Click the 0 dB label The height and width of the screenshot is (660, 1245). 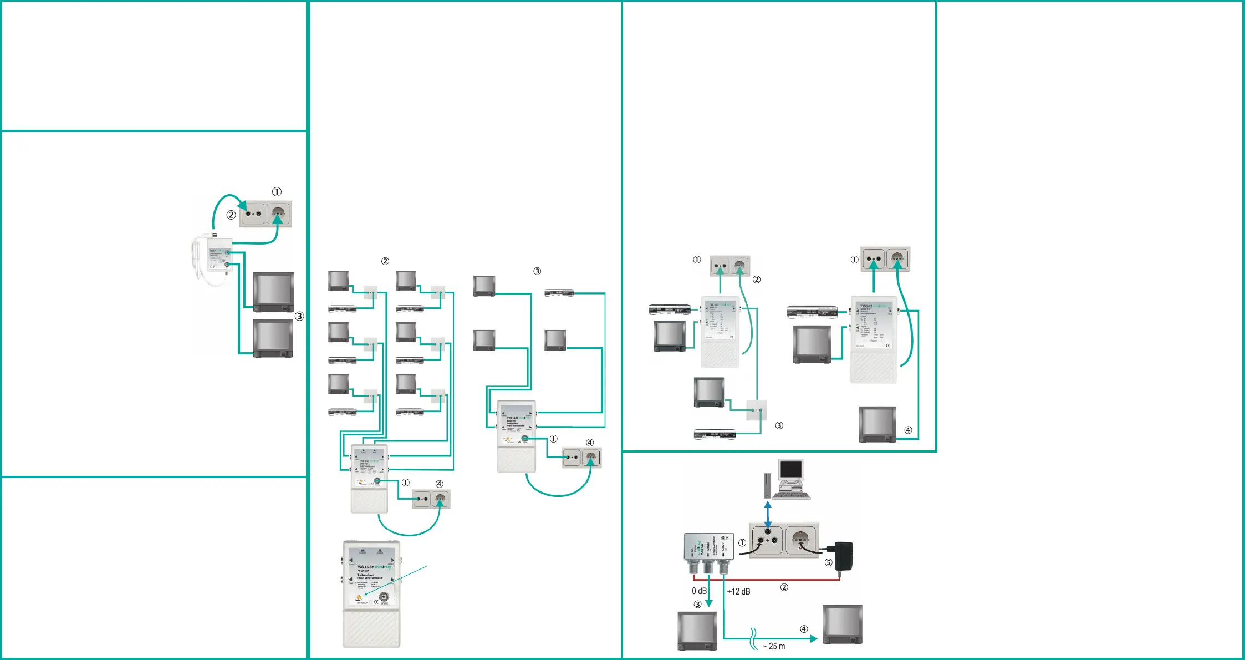[699, 591]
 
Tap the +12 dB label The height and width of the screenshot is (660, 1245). [738, 592]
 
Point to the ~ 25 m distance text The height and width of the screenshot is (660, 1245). [774, 646]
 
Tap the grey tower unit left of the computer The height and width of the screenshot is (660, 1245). [767, 486]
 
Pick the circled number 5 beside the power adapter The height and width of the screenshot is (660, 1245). [828, 562]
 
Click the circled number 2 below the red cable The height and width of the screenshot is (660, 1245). [784, 587]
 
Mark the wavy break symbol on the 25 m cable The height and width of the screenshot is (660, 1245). [753, 638]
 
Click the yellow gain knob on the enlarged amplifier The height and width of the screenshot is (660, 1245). [359, 598]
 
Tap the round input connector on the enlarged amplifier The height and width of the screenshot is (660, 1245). [384, 598]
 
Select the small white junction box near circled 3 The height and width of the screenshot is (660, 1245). [756, 410]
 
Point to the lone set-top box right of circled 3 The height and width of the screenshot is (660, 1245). [559, 292]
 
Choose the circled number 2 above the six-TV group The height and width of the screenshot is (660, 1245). [385, 261]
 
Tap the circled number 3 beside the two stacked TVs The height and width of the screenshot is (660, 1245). [299, 316]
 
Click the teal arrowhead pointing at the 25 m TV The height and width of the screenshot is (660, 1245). [814, 639]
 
